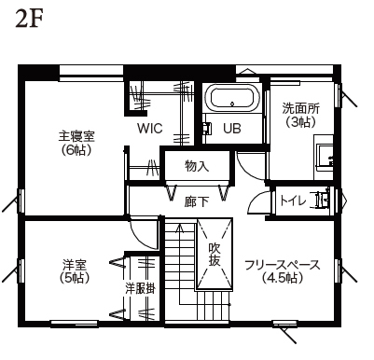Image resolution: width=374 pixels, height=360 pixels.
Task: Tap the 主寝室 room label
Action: click(x=76, y=136)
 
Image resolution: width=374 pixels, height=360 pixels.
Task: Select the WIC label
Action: click(x=150, y=128)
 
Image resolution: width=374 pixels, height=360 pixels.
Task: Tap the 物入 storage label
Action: click(x=197, y=166)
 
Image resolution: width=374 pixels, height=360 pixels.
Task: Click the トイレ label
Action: click(x=292, y=201)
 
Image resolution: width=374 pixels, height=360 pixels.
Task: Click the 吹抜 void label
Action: click(x=215, y=255)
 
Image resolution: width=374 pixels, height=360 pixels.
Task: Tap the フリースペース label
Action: click(x=282, y=265)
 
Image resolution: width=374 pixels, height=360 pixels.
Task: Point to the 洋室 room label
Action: click(x=75, y=265)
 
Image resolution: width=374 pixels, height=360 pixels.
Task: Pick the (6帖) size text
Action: click(x=76, y=149)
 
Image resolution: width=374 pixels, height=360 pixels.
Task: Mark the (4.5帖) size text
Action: click(x=282, y=278)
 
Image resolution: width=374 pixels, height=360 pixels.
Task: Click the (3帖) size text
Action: click(x=299, y=122)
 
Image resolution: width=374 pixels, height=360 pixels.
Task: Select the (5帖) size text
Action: click(x=75, y=278)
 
